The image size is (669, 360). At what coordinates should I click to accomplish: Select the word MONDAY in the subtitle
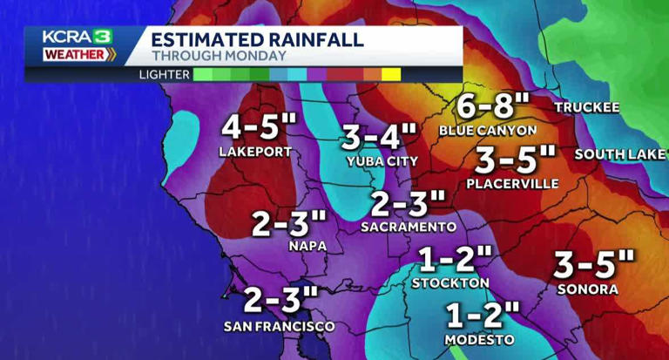tap(259, 56)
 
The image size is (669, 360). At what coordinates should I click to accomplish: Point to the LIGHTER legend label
tap(164, 74)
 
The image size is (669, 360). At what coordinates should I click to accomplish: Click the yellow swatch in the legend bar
tap(391, 74)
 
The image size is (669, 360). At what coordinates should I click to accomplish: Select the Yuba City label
tap(382, 160)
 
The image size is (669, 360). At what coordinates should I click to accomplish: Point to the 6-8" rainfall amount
tap(493, 108)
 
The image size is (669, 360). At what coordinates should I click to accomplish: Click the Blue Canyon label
tap(487, 130)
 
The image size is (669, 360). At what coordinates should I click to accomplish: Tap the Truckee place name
tap(587, 107)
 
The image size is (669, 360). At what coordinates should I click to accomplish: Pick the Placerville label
tap(511, 184)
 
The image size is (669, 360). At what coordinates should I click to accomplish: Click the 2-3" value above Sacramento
tap(408, 204)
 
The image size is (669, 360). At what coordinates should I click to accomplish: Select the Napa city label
tap(307, 246)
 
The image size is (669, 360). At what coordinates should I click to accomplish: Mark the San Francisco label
tap(279, 326)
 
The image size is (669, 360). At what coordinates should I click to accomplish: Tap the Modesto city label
tap(479, 339)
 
